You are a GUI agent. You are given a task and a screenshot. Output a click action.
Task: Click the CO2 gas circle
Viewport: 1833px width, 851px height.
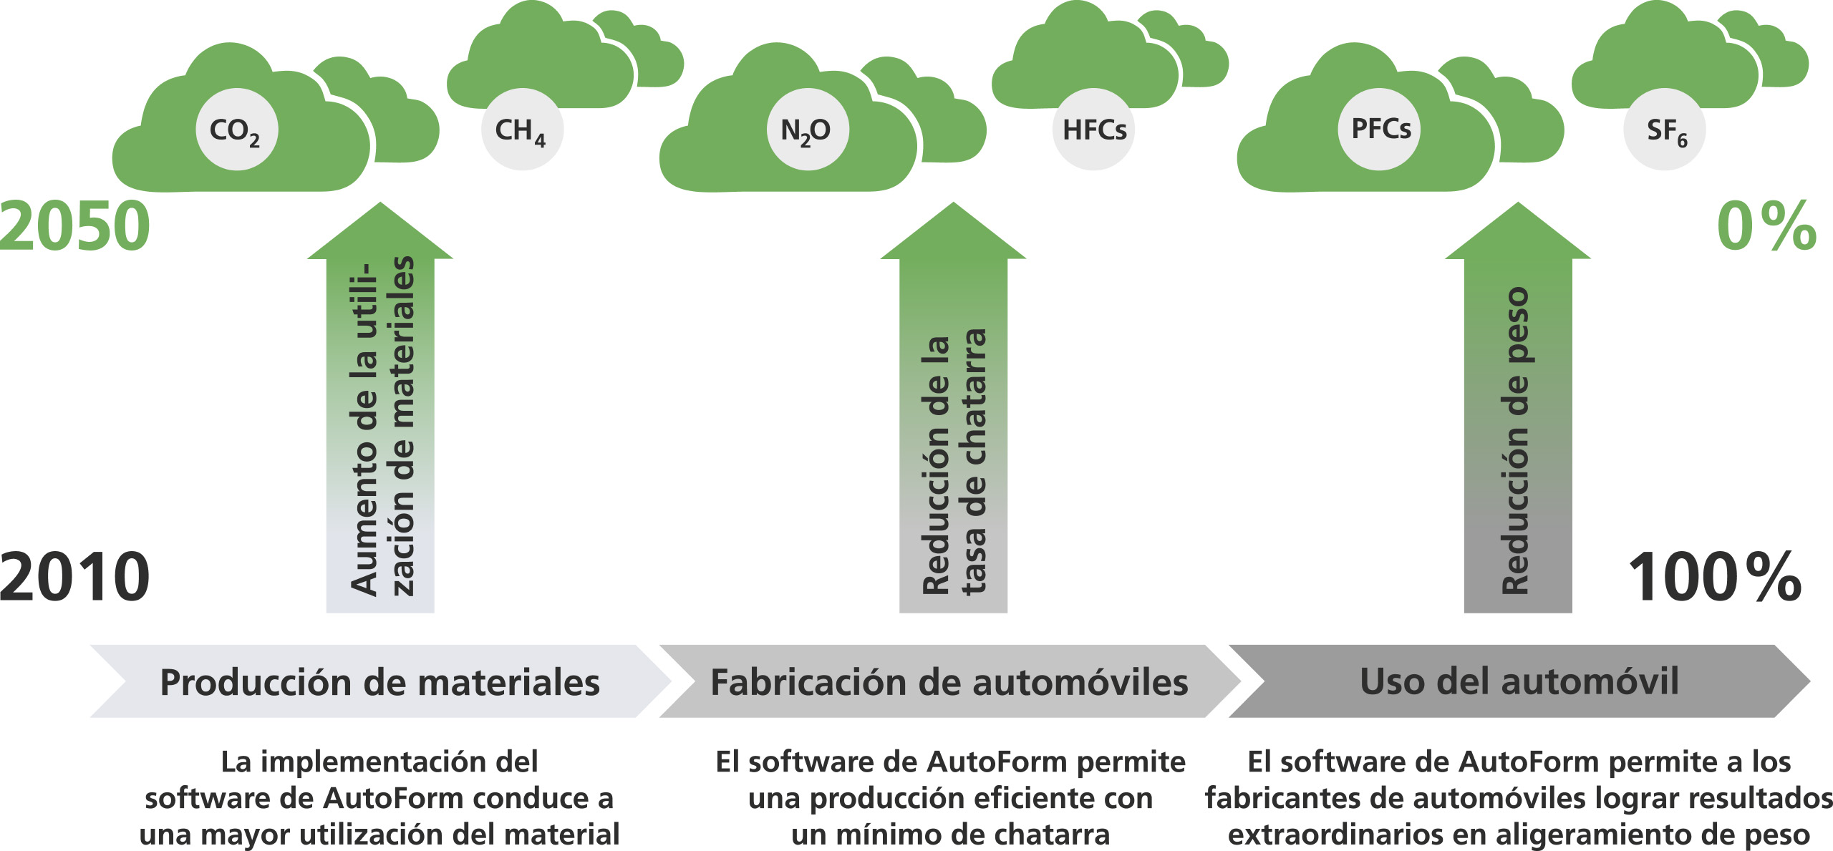pyautogui.click(x=236, y=130)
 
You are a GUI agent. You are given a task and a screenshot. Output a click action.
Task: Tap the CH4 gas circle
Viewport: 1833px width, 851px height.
pyautogui.click(x=522, y=130)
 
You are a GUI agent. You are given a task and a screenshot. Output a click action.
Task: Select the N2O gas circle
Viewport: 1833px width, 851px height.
pyautogui.click(x=807, y=130)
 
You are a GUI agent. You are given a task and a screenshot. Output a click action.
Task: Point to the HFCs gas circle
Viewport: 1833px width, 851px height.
pyautogui.click(x=1093, y=130)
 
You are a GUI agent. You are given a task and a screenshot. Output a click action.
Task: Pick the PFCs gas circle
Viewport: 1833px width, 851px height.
pyautogui.click(x=1380, y=130)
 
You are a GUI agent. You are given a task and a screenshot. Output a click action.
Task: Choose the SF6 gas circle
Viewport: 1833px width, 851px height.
pyautogui.click(x=1665, y=130)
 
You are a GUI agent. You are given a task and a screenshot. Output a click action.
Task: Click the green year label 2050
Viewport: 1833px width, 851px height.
pyautogui.click(x=75, y=227)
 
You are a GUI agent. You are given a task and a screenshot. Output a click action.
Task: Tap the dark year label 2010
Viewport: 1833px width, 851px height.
pyautogui.click(x=75, y=577)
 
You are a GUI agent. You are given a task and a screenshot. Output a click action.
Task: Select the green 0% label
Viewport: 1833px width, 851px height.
pyautogui.click(x=1766, y=227)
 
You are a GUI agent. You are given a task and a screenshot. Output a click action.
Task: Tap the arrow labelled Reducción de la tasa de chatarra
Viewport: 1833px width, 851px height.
pyautogui.click(x=953, y=429)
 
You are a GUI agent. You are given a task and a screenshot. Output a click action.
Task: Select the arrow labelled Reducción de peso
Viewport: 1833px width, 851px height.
pyautogui.click(x=1518, y=429)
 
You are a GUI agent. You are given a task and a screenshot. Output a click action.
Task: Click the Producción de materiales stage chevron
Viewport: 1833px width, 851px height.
pyautogui.click(x=379, y=681)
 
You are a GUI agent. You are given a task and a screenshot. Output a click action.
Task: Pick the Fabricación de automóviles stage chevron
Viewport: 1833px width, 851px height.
pyautogui.click(x=949, y=681)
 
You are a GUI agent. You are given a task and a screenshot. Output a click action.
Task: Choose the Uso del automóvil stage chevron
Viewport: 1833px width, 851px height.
pyautogui.click(x=1518, y=681)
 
